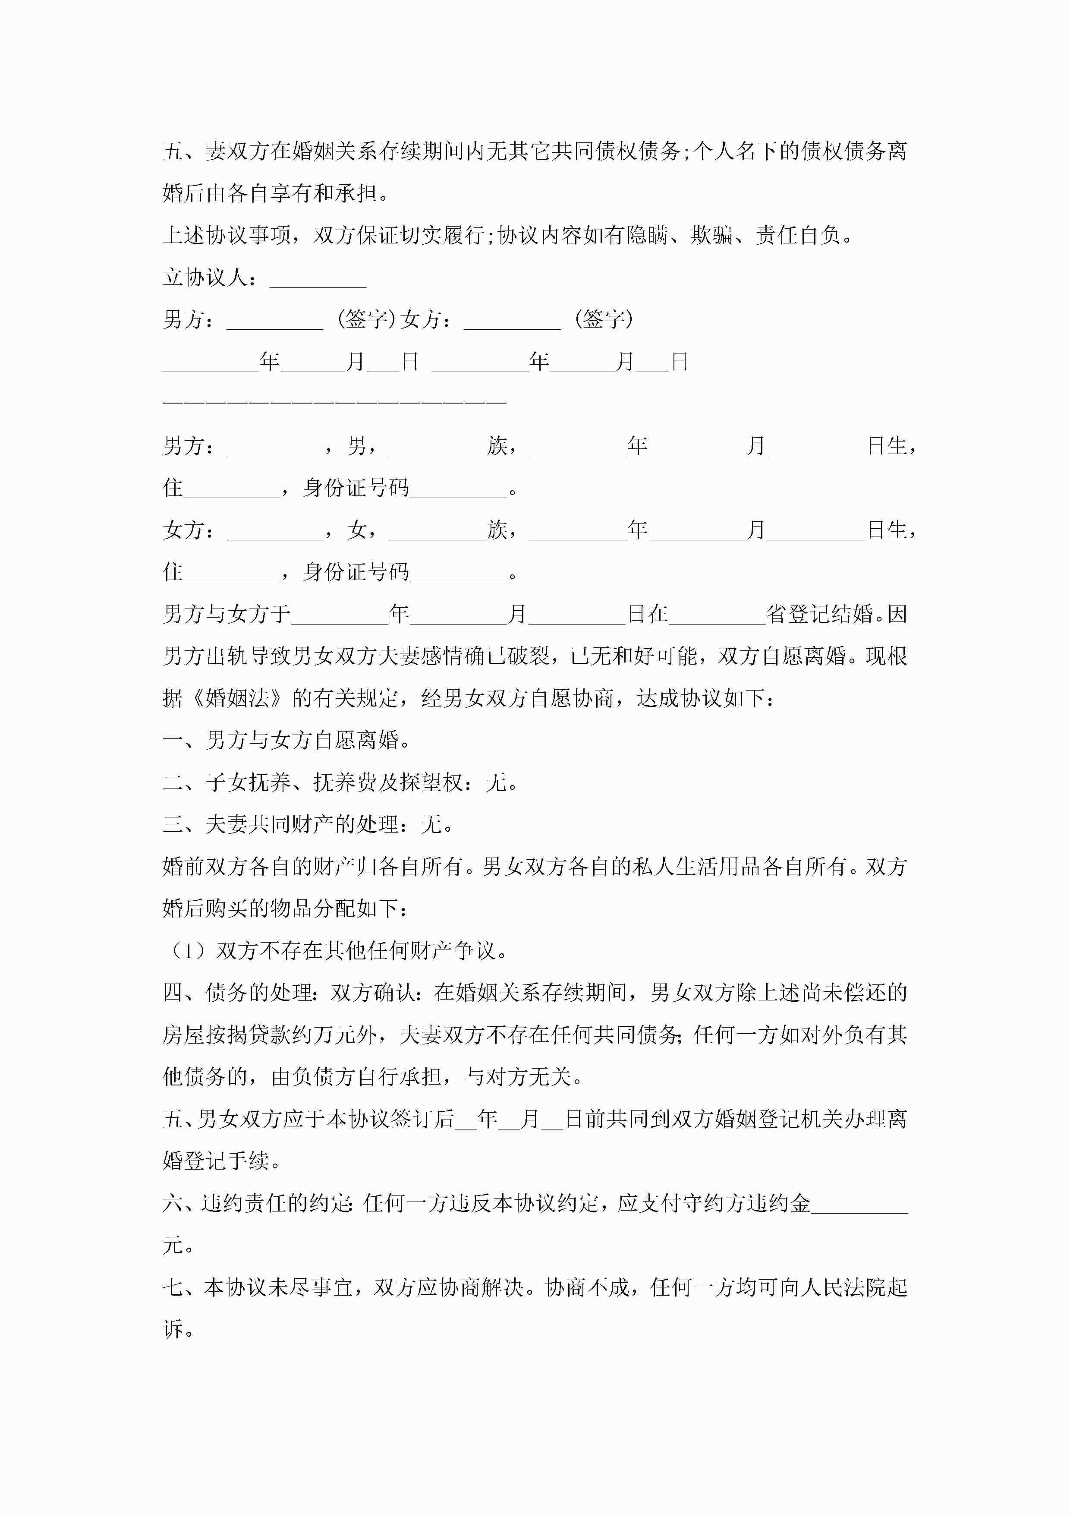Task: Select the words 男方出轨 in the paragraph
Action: [205, 656]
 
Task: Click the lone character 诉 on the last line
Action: [173, 1329]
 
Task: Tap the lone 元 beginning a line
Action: [173, 1246]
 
